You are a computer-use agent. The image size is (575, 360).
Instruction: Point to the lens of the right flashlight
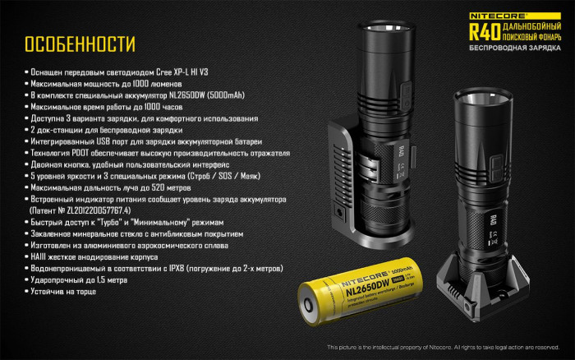[x=485, y=99]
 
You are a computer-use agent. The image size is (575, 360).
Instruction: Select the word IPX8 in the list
[x=188, y=268]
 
